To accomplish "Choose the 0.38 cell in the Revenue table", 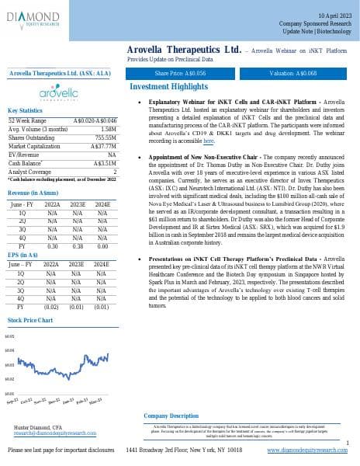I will [77, 224].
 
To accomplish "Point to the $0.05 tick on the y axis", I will [11, 336].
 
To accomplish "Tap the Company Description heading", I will [171, 416].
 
